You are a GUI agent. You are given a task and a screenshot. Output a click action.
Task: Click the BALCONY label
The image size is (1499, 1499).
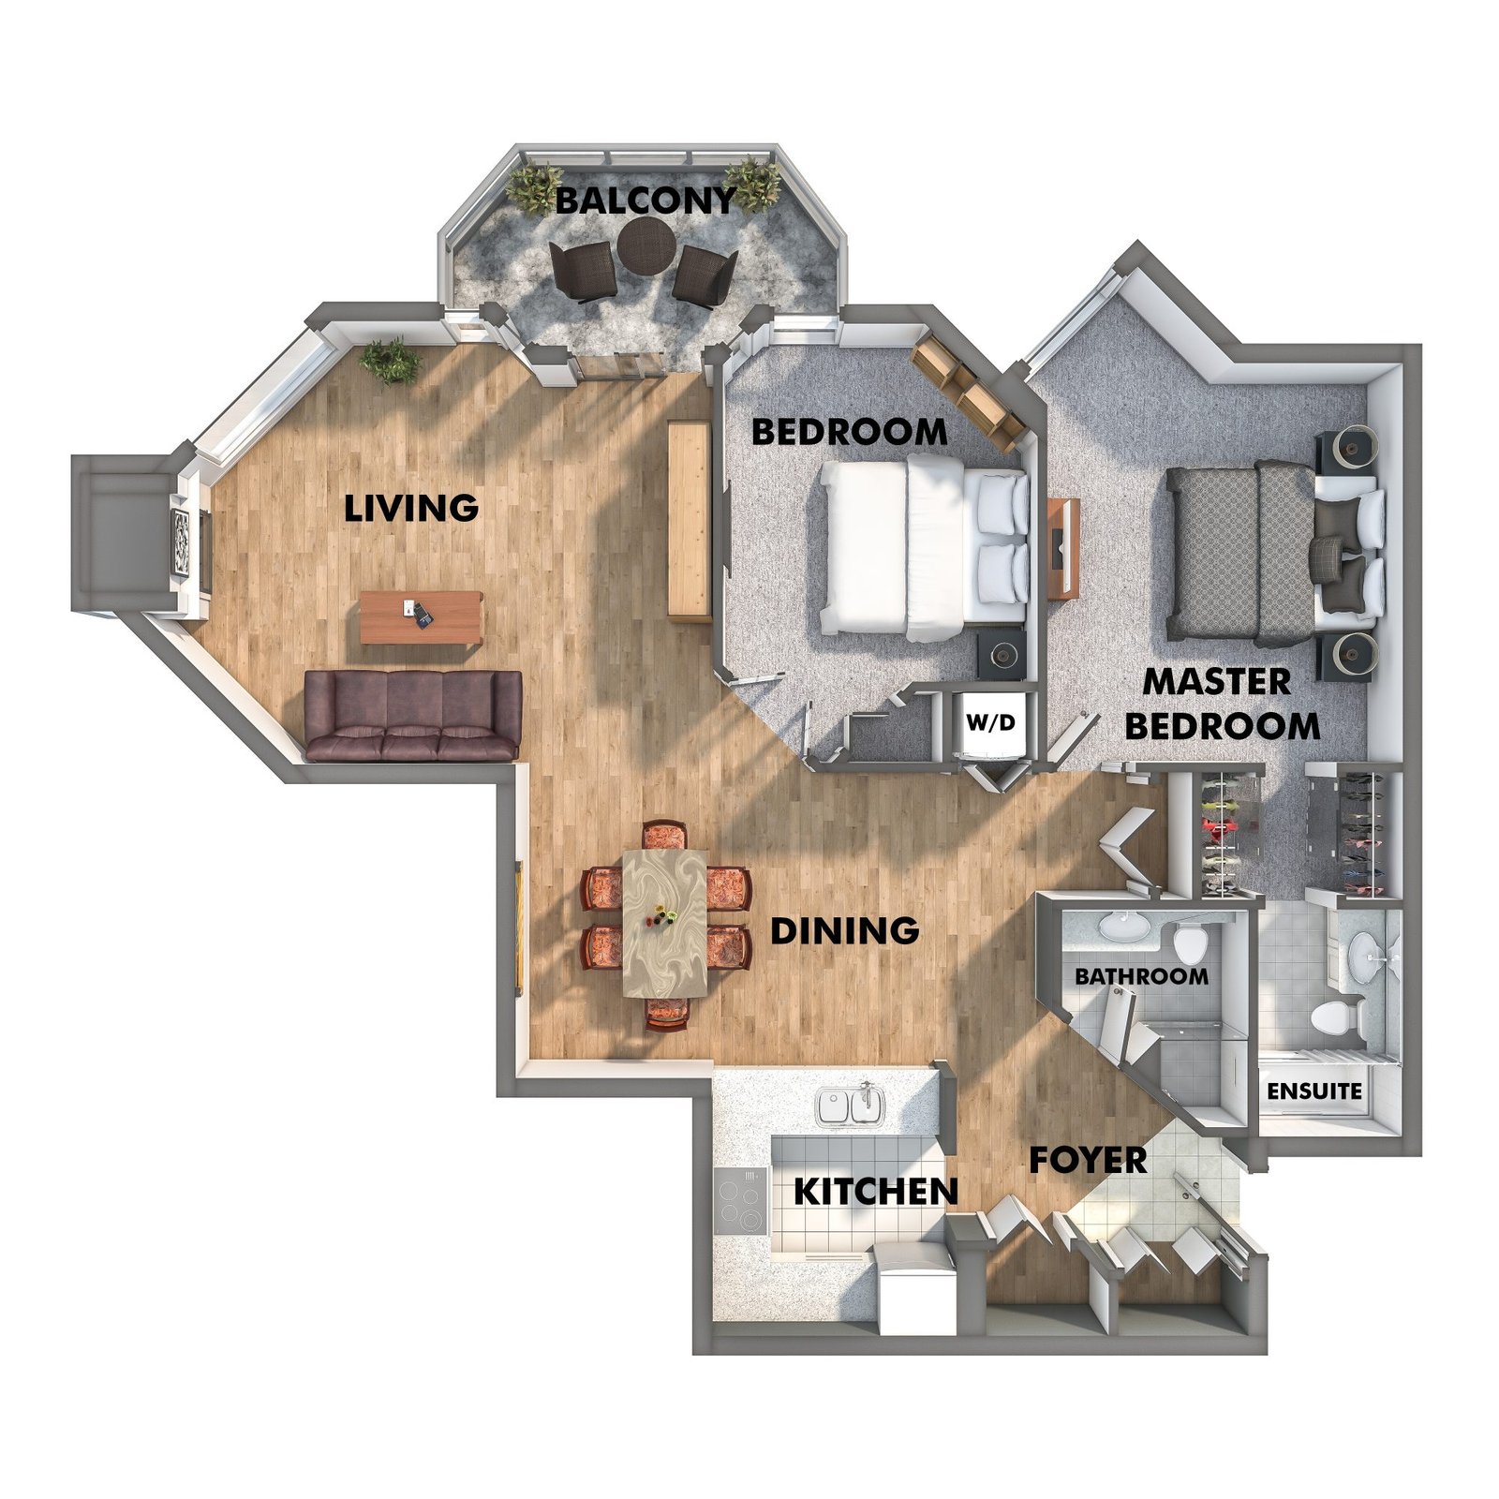[646, 200]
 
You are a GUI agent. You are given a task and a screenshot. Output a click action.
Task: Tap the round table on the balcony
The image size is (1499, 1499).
[646, 246]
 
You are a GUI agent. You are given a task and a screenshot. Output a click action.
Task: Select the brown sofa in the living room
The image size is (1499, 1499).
[413, 715]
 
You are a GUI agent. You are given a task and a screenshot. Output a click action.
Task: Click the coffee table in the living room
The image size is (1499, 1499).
[422, 617]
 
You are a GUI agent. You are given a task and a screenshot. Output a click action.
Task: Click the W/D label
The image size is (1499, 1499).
[990, 723]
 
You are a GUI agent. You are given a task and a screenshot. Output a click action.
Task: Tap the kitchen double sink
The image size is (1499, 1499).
[850, 1106]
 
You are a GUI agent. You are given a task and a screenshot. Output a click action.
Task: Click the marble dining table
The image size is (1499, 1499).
[665, 923]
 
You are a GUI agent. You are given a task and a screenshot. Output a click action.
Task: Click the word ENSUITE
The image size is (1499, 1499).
[1314, 1091]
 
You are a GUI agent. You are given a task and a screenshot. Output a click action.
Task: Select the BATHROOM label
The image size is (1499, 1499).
[1141, 976]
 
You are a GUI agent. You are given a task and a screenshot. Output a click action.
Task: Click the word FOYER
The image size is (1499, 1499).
[1088, 1160]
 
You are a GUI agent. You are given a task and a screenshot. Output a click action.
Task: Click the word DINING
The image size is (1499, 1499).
[844, 930]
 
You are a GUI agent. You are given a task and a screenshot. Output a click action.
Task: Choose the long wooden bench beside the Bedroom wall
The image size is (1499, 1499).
[688, 519]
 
